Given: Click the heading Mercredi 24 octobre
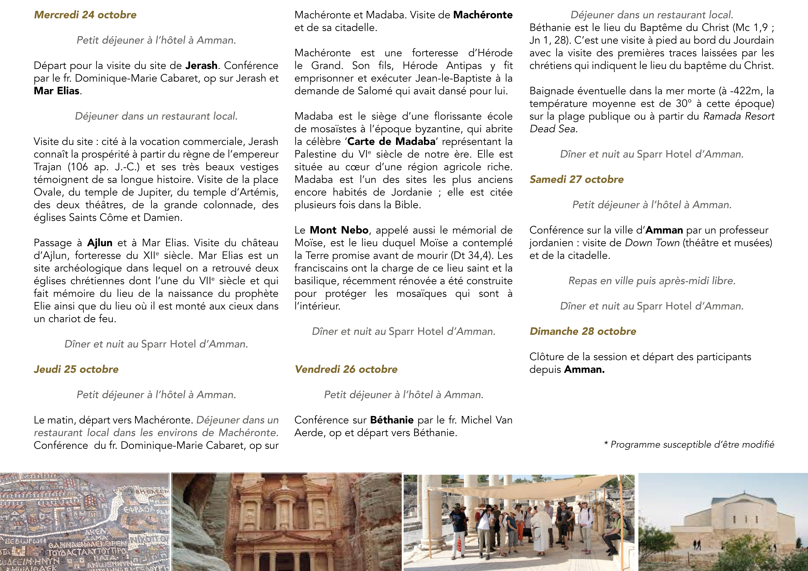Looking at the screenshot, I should (x=85, y=15).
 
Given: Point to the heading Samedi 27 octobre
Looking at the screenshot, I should (x=576, y=179).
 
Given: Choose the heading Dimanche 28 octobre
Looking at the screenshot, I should (x=583, y=331).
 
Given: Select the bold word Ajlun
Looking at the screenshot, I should (x=100, y=243).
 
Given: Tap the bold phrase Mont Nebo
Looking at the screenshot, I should (x=339, y=230).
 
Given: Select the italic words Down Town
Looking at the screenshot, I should (x=652, y=243).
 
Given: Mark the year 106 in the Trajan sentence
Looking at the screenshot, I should (x=81, y=167).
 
